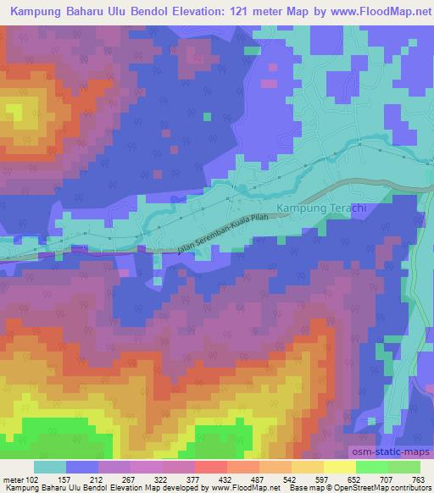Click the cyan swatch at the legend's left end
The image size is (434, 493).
coord(49,467)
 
